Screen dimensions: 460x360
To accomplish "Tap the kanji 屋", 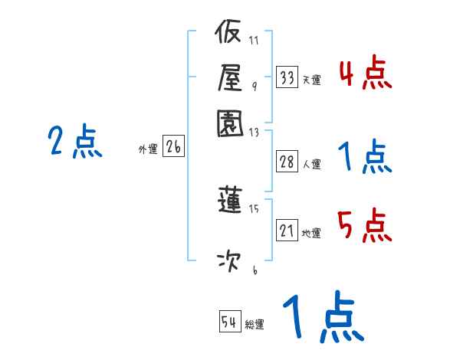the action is (x=229, y=77).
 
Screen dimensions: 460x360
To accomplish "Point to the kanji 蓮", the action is (x=229, y=201).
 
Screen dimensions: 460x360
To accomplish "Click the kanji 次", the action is (x=229, y=261).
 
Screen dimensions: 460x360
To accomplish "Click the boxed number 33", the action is (x=287, y=77).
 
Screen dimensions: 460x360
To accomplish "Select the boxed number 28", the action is (x=287, y=162).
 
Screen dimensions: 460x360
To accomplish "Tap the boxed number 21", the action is (x=287, y=231).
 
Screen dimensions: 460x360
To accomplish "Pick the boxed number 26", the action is (x=173, y=148).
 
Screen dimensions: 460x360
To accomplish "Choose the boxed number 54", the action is (x=229, y=322).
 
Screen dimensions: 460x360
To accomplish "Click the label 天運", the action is (x=311, y=80).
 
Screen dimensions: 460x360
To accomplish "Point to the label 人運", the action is (x=311, y=164).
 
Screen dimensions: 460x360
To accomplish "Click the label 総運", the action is (x=254, y=325).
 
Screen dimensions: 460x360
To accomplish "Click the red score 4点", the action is (x=365, y=74).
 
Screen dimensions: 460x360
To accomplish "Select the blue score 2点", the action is (x=75, y=142).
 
